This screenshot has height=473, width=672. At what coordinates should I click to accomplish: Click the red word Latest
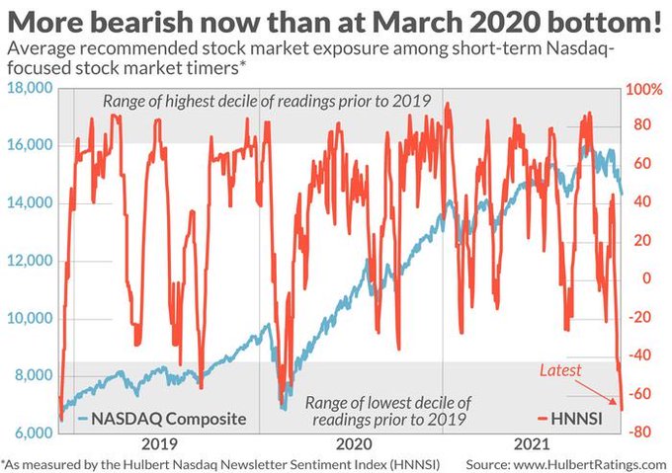(x=560, y=370)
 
